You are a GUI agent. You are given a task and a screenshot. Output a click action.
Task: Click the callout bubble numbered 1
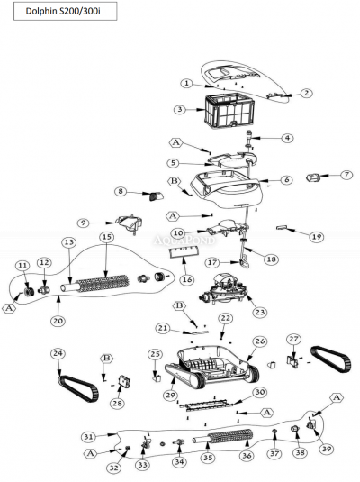[x=186, y=83]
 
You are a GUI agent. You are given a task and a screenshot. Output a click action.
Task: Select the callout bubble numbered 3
[x=181, y=109]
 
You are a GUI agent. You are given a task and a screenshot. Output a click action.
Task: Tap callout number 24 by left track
[x=58, y=352]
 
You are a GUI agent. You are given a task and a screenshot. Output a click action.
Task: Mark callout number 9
[x=82, y=223]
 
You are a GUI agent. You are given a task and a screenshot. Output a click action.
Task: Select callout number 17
[x=211, y=262]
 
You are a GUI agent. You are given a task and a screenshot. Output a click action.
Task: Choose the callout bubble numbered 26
[x=260, y=341]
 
